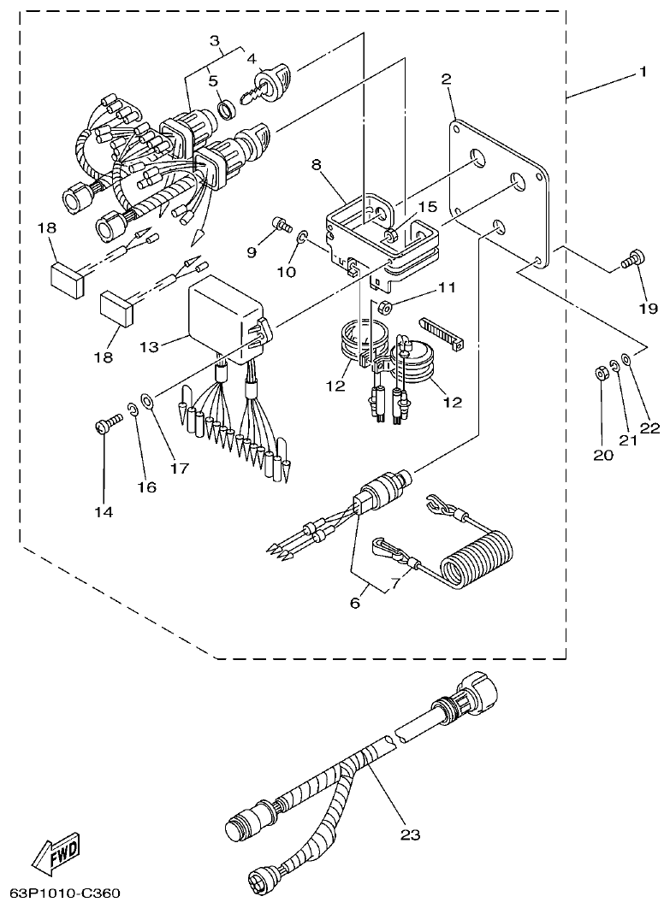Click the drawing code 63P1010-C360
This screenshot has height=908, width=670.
(60, 893)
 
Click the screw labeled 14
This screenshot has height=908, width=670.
(105, 423)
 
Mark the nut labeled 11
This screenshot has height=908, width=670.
(386, 305)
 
